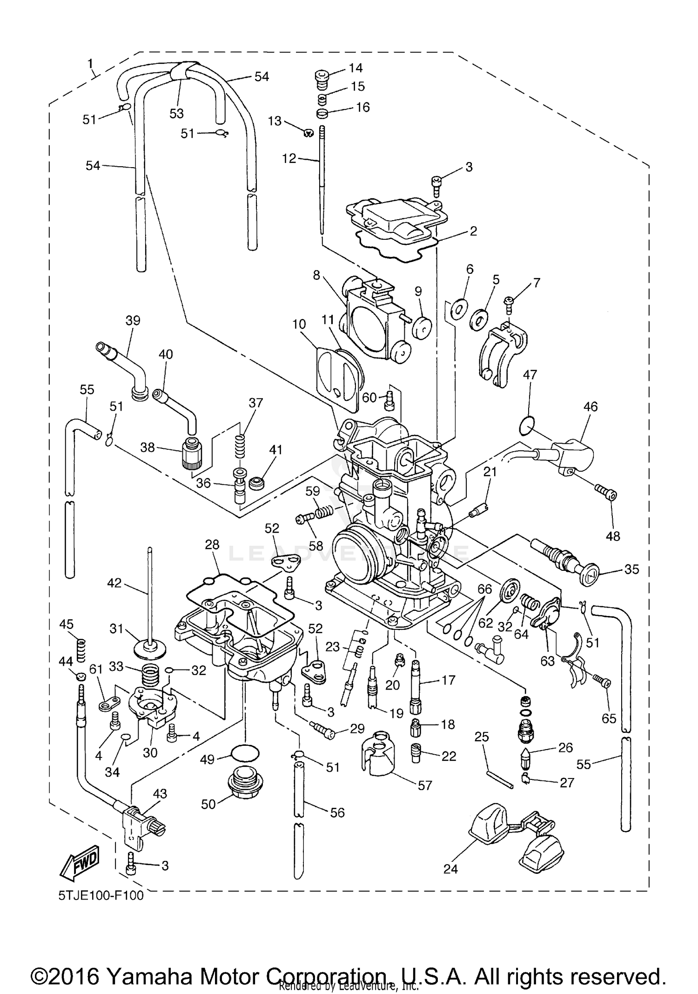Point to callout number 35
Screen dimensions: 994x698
click(x=631, y=569)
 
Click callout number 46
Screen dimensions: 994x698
click(x=590, y=406)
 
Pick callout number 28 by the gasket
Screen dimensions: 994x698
click(x=212, y=545)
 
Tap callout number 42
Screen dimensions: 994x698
click(x=114, y=582)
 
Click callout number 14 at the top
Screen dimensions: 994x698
click(x=356, y=68)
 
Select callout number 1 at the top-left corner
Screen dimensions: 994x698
click(x=90, y=63)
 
